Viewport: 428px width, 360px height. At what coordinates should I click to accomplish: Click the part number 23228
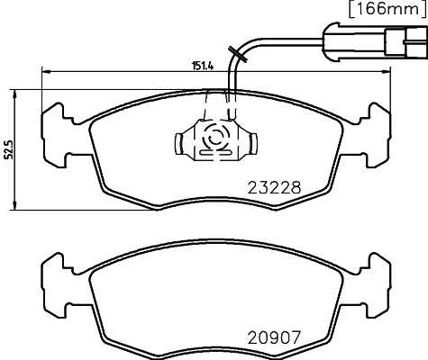click(273, 190)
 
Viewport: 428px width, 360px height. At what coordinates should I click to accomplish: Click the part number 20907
click(273, 340)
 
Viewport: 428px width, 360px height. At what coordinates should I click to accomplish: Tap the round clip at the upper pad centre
click(214, 140)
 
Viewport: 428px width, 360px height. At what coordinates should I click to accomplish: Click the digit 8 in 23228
click(294, 190)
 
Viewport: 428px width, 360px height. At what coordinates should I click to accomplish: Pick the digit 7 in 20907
click(294, 340)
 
